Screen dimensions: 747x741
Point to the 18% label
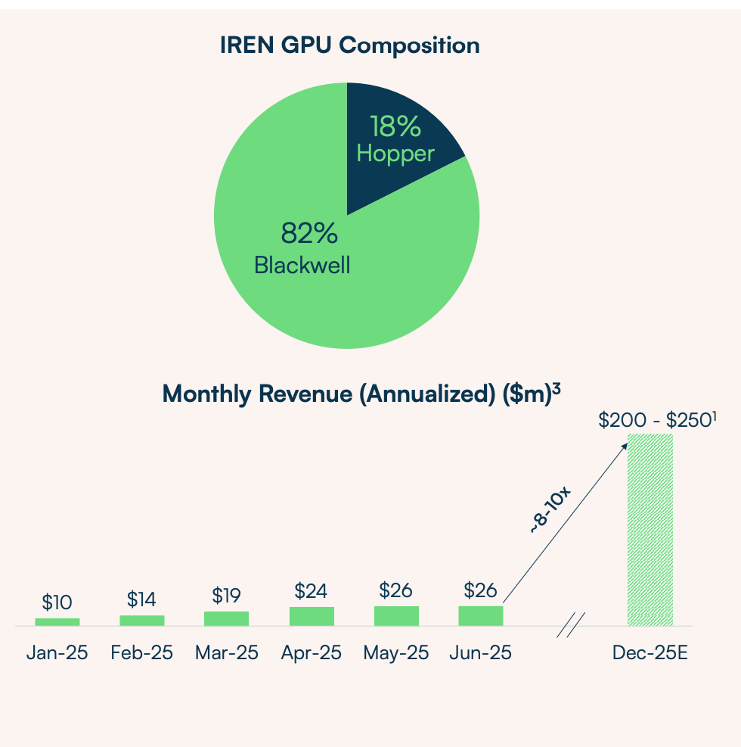(x=395, y=126)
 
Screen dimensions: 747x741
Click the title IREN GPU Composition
(x=349, y=45)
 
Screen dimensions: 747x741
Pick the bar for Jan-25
(x=57, y=622)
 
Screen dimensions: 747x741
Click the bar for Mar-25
(x=226, y=618)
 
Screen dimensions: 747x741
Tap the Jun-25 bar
(x=480, y=616)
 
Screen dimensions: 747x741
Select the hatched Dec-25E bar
(x=650, y=530)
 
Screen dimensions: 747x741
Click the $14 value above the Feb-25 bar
(x=141, y=600)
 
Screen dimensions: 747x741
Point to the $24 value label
(x=311, y=590)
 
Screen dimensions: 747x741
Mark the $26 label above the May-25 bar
(x=395, y=590)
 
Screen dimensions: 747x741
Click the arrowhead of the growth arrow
(x=625, y=446)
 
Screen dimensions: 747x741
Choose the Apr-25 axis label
(x=311, y=652)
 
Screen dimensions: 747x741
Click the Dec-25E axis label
(x=650, y=652)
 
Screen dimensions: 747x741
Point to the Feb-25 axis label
(x=141, y=652)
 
